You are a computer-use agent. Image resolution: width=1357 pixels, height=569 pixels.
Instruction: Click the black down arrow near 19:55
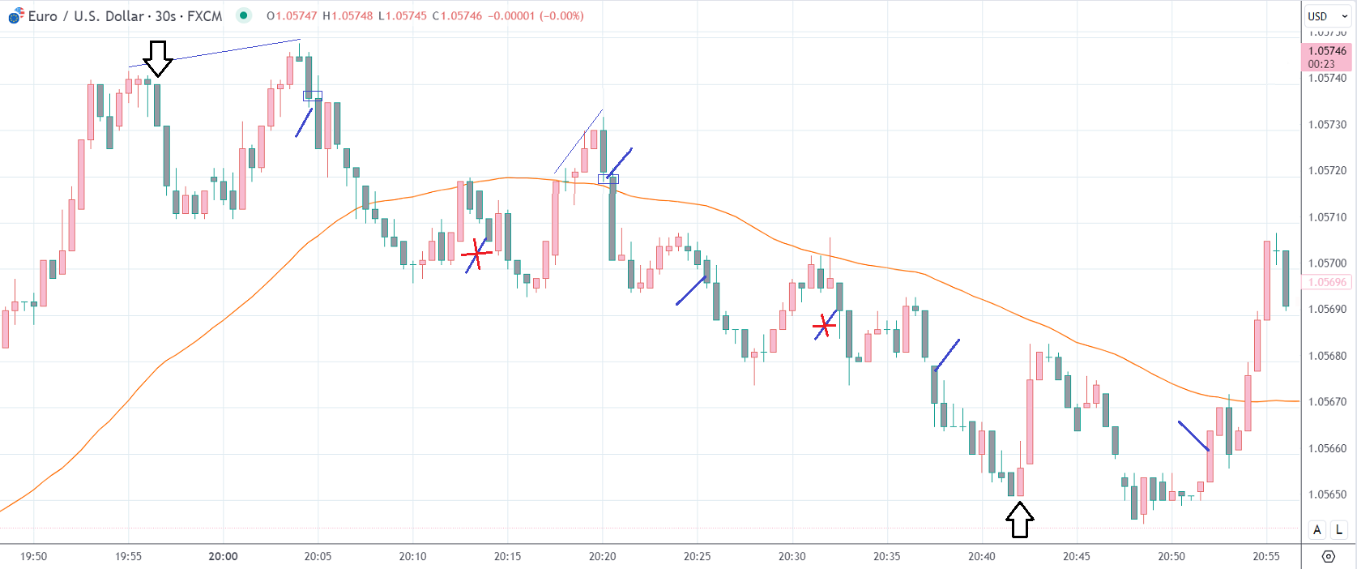(x=158, y=58)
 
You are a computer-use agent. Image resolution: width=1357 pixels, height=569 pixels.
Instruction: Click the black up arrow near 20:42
(x=1020, y=520)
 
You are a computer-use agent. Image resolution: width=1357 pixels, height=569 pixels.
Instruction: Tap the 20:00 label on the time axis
(x=223, y=556)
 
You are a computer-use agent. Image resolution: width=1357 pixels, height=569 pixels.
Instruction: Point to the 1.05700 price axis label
(x=1327, y=263)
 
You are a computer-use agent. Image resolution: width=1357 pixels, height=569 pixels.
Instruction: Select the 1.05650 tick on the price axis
(x=1327, y=494)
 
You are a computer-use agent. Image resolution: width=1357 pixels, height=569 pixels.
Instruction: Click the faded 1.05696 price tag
(x=1327, y=282)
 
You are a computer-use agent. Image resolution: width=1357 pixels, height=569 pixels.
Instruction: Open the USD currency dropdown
(x=1326, y=16)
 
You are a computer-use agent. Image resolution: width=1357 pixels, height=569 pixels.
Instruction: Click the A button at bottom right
(x=1317, y=529)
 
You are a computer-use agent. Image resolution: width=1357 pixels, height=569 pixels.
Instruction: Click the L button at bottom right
(x=1338, y=529)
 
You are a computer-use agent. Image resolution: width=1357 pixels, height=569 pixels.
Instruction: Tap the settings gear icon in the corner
(x=1329, y=556)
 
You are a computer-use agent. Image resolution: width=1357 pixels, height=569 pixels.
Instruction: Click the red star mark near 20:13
(x=477, y=255)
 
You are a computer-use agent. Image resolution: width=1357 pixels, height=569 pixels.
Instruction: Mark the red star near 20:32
(x=825, y=326)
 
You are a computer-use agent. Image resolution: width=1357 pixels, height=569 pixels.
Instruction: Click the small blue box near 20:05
(x=312, y=96)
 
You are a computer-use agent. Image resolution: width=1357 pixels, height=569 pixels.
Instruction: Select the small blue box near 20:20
(x=608, y=179)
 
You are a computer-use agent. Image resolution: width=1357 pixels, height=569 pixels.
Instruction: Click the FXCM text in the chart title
(x=204, y=16)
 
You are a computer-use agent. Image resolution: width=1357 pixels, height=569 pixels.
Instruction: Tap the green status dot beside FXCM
(x=243, y=15)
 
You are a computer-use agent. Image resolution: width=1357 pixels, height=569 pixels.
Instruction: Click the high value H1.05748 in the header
(x=348, y=16)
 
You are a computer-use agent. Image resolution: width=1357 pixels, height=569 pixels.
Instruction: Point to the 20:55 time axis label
(x=1266, y=556)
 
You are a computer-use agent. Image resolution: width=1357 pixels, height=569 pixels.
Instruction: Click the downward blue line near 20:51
(x=1193, y=435)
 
